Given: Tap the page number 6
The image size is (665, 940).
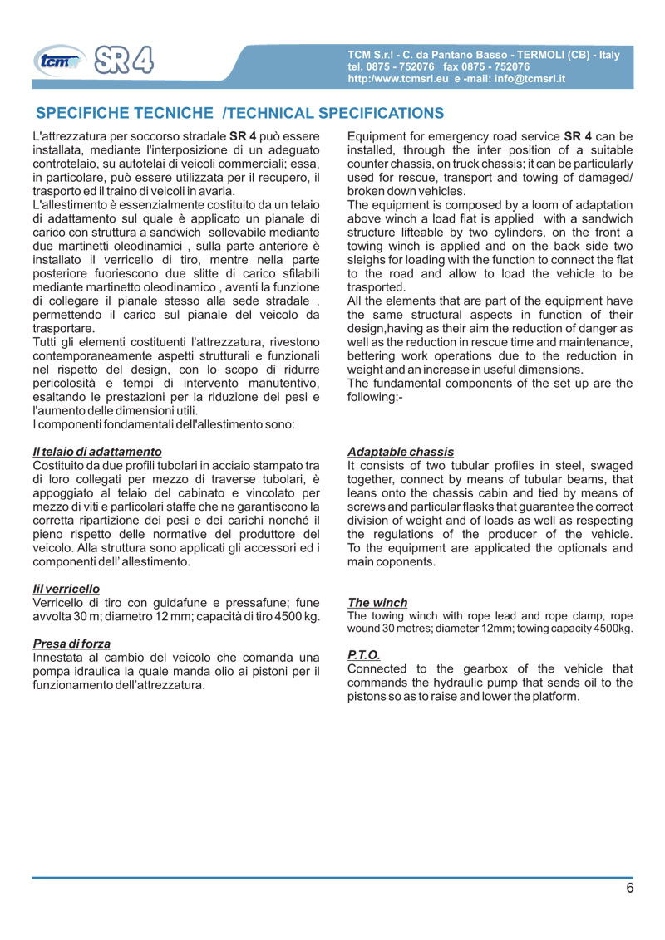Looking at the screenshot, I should pyautogui.click(x=630, y=888).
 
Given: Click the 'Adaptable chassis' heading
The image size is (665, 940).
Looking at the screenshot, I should pyautogui.click(x=401, y=451).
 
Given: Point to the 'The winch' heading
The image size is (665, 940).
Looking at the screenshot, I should pyautogui.click(x=377, y=602).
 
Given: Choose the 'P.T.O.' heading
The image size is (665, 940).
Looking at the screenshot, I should pyautogui.click(x=364, y=655).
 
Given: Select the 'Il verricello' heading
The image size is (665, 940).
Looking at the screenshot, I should pyautogui.click(x=66, y=588).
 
